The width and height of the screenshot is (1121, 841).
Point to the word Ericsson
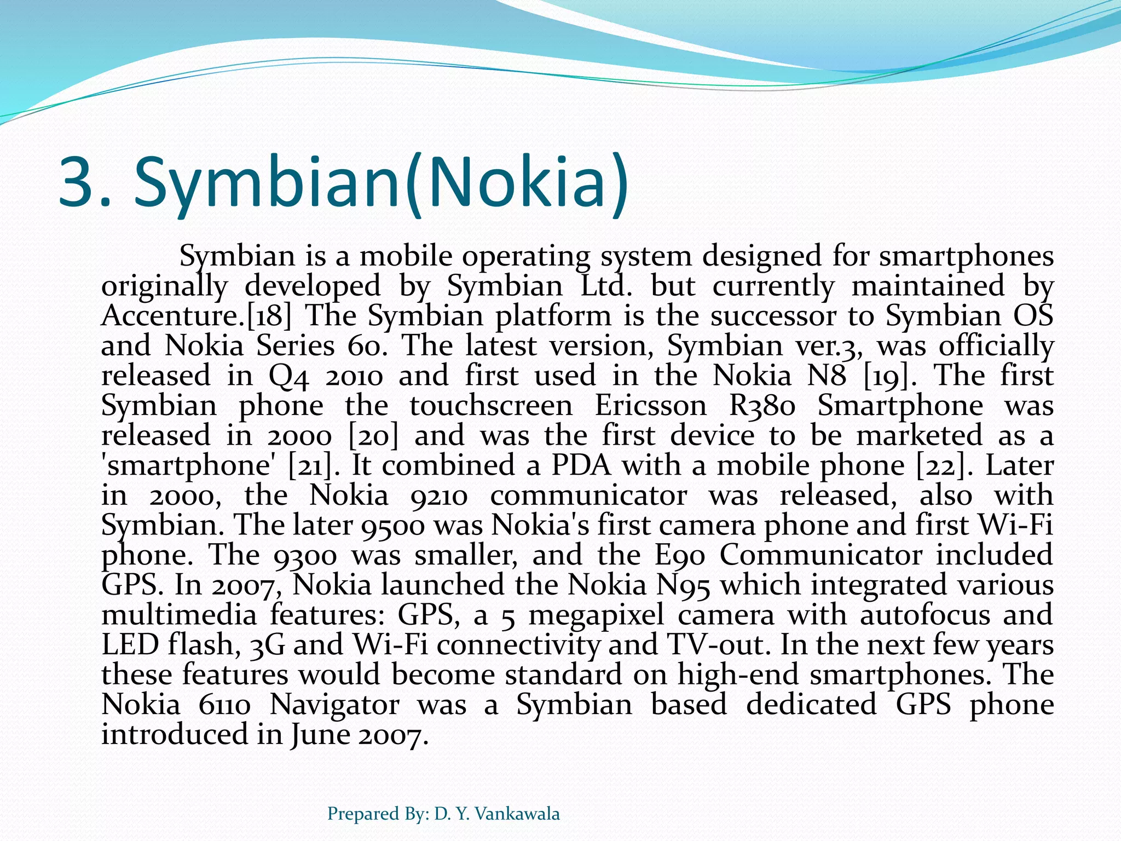tap(650, 406)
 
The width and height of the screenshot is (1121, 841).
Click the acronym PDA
tap(580, 465)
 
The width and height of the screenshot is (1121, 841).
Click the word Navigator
tap(334, 705)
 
